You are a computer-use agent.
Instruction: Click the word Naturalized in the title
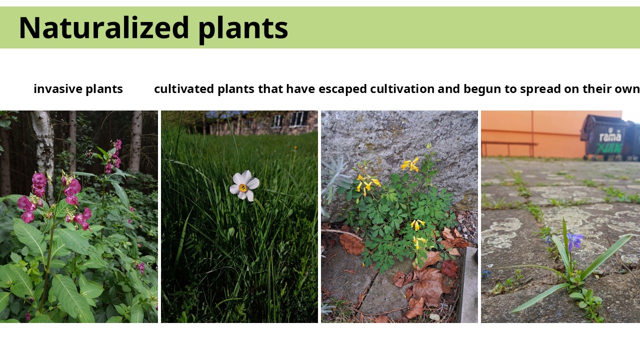click(x=103, y=27)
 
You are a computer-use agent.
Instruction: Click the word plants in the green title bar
click(x=243, y=29)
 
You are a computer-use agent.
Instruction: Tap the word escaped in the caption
click(x=342, y=89)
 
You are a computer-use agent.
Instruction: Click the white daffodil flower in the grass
click(x=244, y=185)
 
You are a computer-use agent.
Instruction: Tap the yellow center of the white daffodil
click(x=243, y=187)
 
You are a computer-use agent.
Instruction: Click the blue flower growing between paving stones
click(x=574, y=240)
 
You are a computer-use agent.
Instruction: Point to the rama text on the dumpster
click(x=610, y=136)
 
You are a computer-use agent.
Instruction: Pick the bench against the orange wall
click(x=509, y=147)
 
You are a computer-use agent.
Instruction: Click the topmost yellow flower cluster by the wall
click(x=410, y=164)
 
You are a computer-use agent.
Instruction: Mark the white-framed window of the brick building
click(x=297, y=118)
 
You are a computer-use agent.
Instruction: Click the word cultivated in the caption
click(x=184, y=89)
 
